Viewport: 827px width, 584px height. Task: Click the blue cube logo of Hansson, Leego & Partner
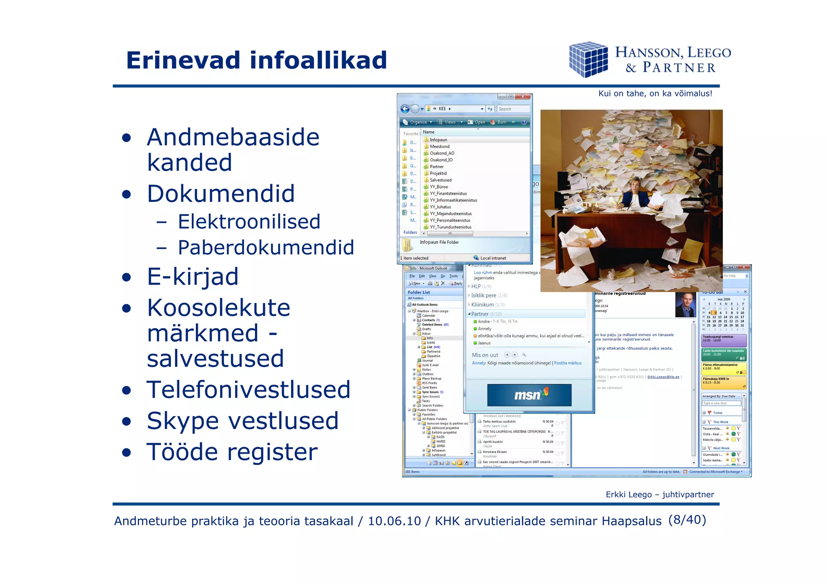pos(588,59)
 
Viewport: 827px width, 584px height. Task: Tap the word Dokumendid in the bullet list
pos(220,193)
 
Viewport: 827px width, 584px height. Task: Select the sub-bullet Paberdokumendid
pos(266,247)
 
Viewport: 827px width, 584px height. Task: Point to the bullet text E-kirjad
pos(193,277)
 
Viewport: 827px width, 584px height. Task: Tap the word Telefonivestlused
pos(248,390)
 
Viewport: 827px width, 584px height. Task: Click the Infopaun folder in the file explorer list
pos(438,140)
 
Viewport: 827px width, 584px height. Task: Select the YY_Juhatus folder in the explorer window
pos(440,207)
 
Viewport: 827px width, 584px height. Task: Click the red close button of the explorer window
pos(523,96)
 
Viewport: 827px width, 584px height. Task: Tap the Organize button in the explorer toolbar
pos(418,122)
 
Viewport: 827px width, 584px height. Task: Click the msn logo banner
pos(529,395)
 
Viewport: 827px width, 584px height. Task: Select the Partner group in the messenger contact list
pos(480,314)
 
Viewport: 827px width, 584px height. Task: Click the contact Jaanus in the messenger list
pos(484,343)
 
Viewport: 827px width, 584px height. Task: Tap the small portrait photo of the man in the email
pos(685,305)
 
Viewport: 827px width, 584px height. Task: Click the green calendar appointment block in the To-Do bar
pos(724,354)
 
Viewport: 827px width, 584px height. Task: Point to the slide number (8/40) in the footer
pos(687,520)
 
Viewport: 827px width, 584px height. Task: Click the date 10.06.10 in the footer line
pos(394,521)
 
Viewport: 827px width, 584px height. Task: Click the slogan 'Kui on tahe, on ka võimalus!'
pos(655,94)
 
